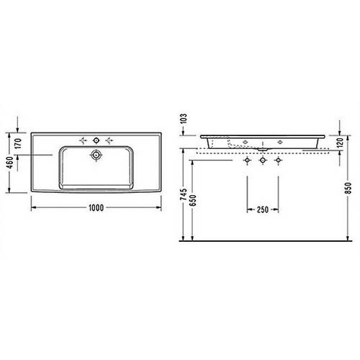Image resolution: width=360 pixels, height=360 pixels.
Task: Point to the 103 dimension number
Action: pyautogui.click(x=184, y=120)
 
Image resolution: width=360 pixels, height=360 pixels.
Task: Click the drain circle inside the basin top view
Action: pyautogui.click(x=96, y=154)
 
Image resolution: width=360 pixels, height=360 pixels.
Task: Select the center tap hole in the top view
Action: pyautogui.click(x=96, y=138)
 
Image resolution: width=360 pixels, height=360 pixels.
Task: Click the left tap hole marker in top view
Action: pyautogui.click(x=83, y=138)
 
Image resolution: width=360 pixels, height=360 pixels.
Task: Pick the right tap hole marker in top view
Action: pyautogui.click(x=109, y=138)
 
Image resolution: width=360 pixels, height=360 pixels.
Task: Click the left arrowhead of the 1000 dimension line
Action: pyautogui.click(x=32, y=202)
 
